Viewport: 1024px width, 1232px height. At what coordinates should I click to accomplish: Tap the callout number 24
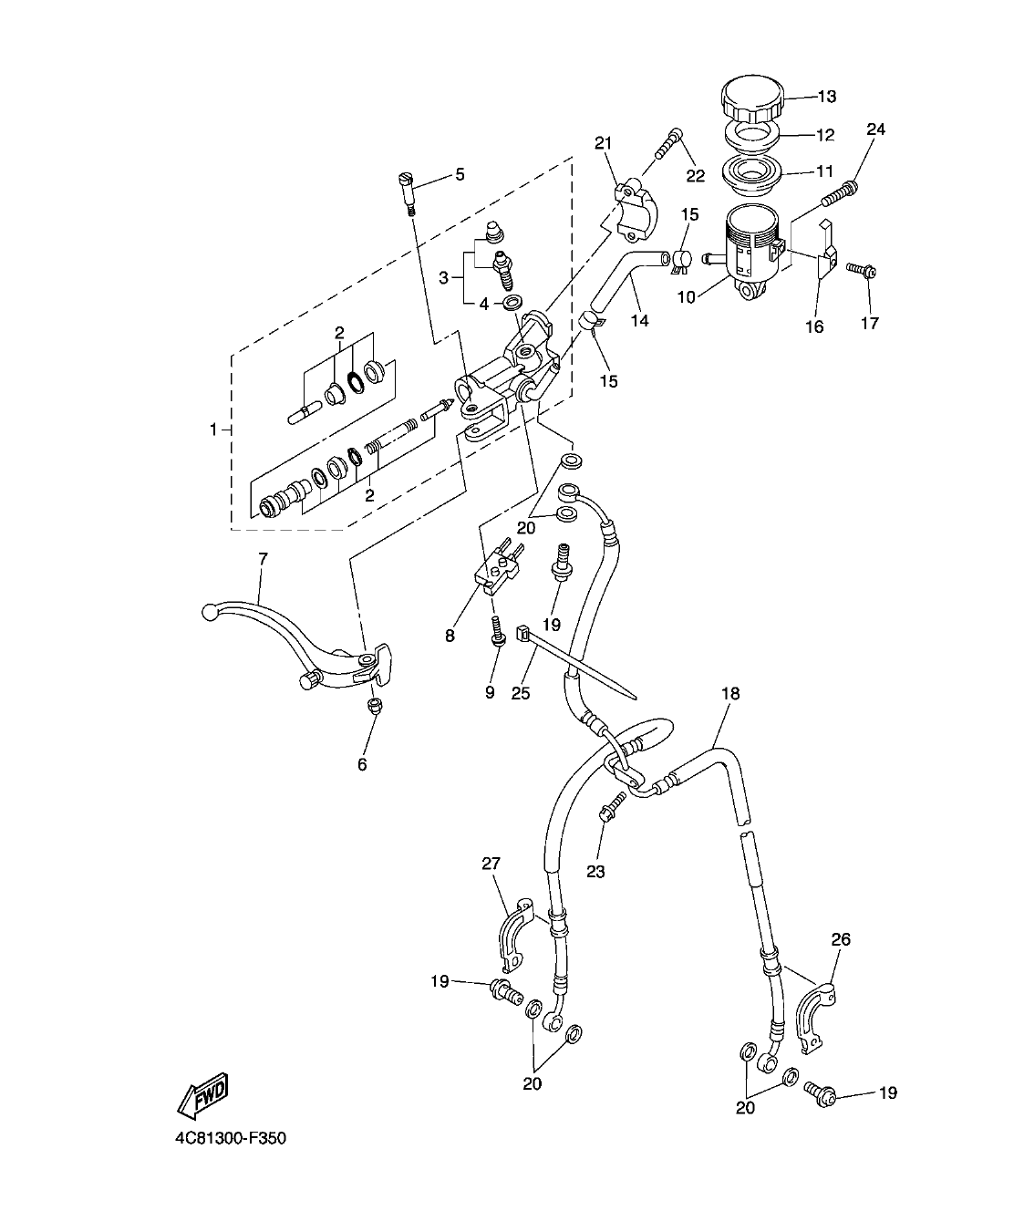tap(874, 129)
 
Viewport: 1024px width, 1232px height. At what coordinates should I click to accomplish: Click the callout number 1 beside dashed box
tap(214, 429)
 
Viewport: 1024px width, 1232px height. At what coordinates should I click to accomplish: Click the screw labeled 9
tap(497, 631)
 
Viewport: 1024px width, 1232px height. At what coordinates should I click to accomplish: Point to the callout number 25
tap(520, 693)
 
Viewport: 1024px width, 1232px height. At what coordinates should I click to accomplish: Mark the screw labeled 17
tap(859, 270)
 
